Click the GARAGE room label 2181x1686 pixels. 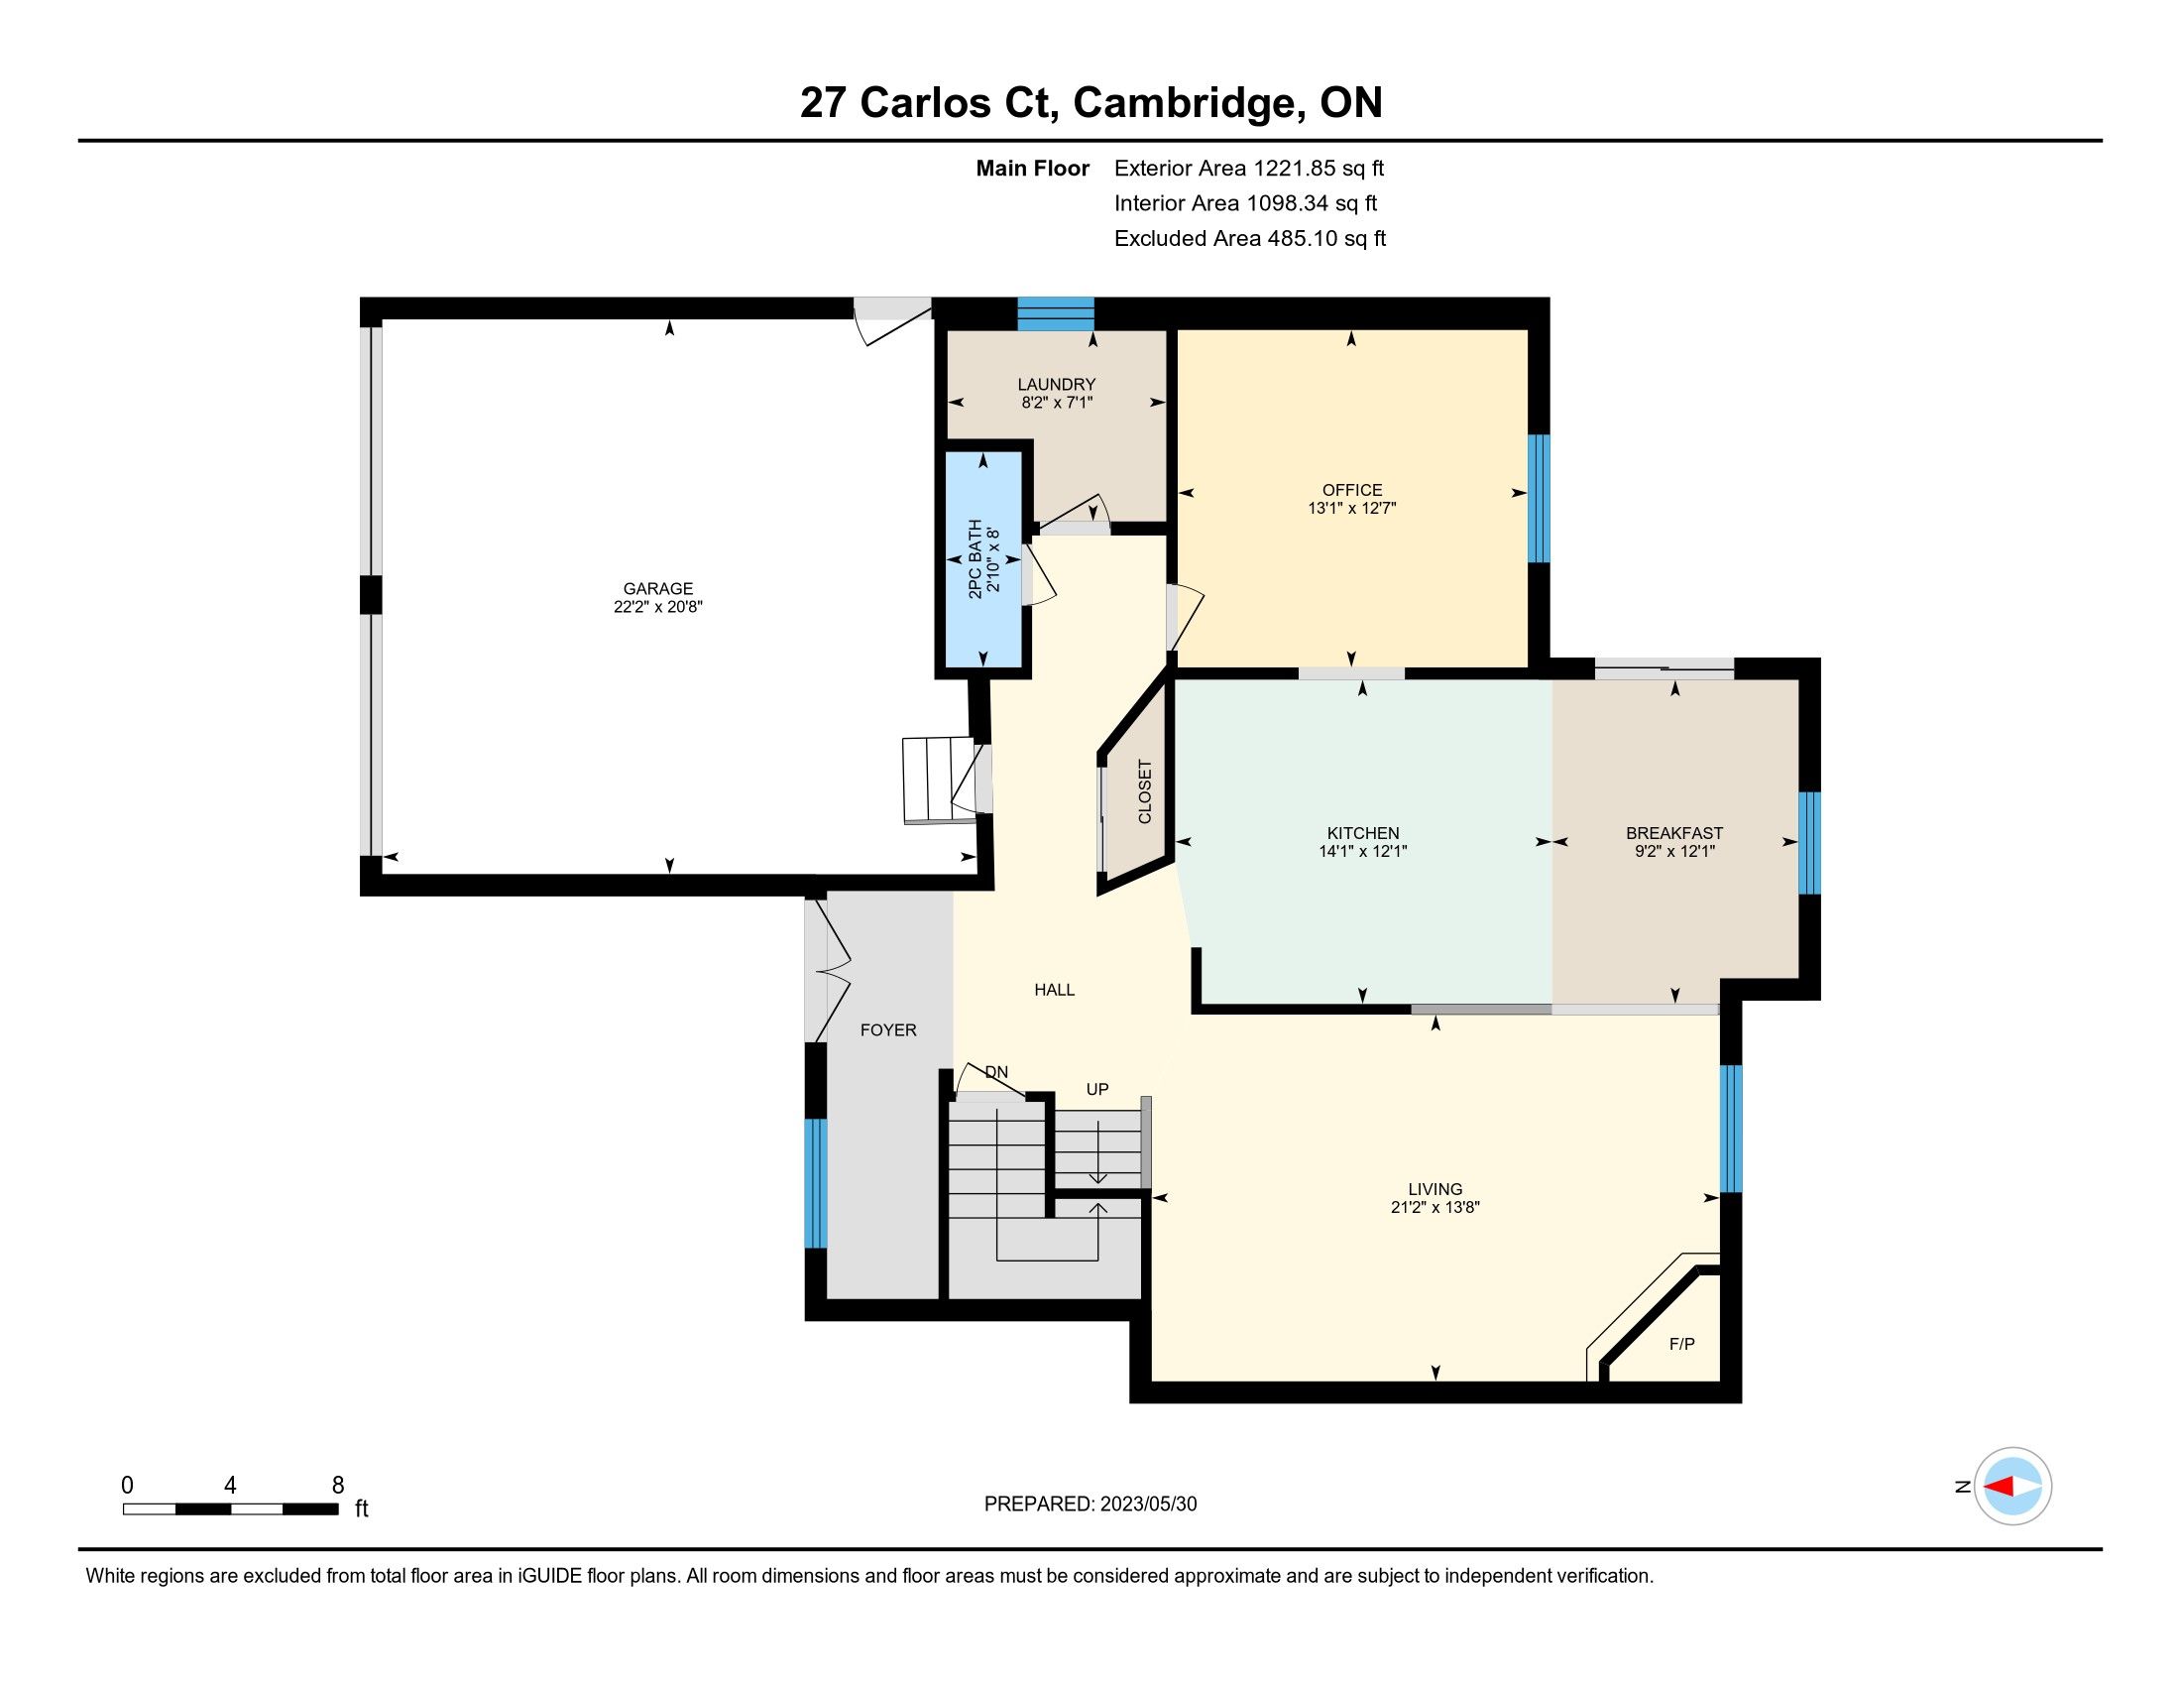point(658,588)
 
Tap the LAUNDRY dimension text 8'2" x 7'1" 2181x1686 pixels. point(1057,403)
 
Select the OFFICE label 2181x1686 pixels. point(1352,489)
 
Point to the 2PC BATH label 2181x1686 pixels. point(975,558)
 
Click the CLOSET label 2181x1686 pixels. point(1144,791)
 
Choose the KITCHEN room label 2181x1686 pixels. point(1363,833)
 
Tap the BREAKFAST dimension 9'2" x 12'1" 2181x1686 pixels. point(1674,851)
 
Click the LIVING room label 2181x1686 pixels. point(1435,1188)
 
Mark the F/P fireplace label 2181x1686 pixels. point(1681,1345)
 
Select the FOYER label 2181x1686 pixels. point(888,1029)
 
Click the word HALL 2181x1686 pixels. point(1055,990)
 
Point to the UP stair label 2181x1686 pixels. point(1097,1089)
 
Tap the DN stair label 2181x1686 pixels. point(996,1072)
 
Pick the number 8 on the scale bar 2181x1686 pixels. point(337,1485)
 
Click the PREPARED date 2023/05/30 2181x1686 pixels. point(1148,1505)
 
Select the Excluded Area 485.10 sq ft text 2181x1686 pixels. point(1250,239)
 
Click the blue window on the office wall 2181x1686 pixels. point(1540,499)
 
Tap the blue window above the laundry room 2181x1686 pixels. point(1056,313)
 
